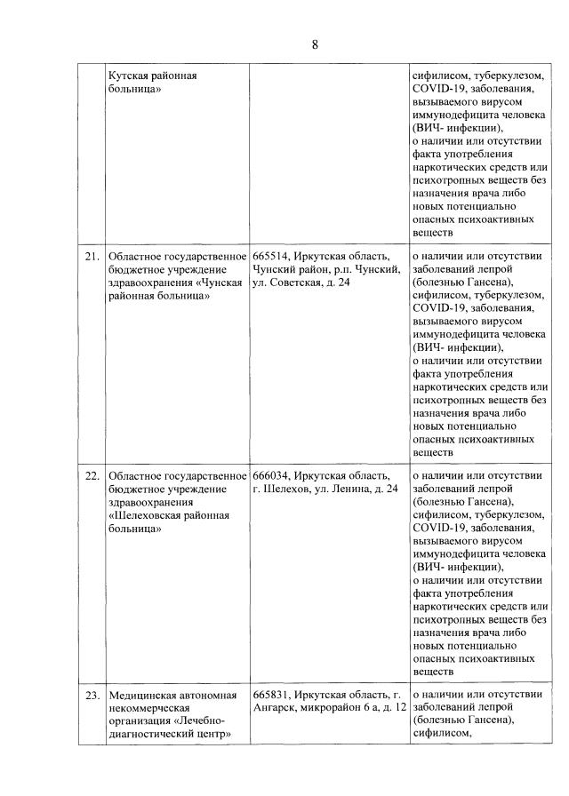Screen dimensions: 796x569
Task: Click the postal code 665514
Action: coord(269,258)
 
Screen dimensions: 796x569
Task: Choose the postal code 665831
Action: coord(269,694)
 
